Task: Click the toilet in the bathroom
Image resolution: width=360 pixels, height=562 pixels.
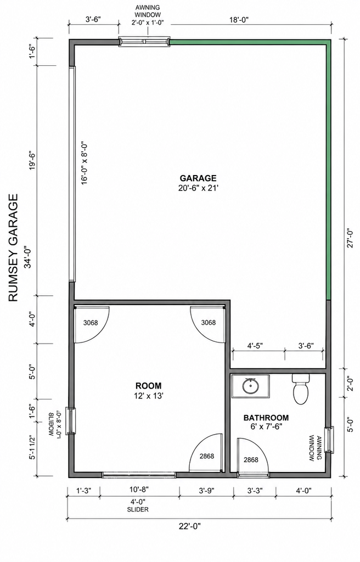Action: pos(301,389)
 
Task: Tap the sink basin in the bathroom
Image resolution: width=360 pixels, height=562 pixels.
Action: pos(250,386)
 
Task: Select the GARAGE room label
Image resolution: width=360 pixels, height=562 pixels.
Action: pos(198,178)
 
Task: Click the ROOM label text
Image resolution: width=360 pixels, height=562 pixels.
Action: pos(149,386)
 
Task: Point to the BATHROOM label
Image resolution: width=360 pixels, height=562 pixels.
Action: pos(266,418)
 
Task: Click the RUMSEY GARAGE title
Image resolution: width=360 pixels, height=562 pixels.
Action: pos(13,248)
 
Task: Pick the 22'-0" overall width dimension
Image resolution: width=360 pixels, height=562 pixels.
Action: pos(190,526)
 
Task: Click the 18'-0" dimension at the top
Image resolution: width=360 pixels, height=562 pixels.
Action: pos(239,20)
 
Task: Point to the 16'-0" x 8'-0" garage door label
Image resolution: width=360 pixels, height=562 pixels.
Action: pos(85,164)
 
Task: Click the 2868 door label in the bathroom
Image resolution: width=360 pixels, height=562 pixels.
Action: pos(251,460)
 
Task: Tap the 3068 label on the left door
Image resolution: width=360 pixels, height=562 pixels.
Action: pos(91,323)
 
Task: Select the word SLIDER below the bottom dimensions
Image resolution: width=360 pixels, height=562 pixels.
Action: pos(138,509)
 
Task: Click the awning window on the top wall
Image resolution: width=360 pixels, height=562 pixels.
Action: pos(144,41)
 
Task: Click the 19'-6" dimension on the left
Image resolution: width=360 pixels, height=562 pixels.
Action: pos(32,161)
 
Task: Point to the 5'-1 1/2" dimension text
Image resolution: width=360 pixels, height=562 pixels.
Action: pos(32,447)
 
